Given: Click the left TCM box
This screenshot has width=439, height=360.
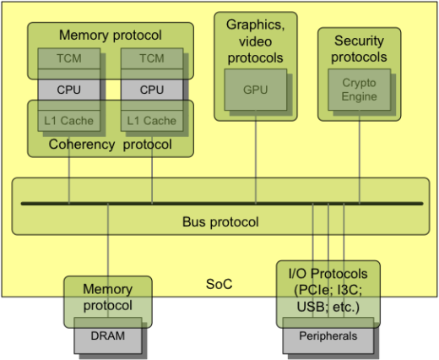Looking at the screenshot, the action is click(69, 58).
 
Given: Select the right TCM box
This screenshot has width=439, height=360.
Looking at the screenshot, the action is click(152, 58).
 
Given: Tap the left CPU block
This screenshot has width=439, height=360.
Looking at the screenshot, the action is click(69, 90).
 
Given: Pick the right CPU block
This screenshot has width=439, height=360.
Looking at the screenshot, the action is click(152, 90).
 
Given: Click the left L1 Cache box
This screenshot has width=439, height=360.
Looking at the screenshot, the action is click(69, 121).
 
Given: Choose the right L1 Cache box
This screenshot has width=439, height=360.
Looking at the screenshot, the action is click(152, 121).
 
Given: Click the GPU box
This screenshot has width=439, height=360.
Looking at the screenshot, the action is click(256, 90).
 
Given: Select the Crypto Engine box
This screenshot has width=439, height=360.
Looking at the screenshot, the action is click(360, 90).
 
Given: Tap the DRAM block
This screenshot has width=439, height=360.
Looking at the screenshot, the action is click(108, 335).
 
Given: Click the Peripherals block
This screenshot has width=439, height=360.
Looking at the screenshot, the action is click(328, 335).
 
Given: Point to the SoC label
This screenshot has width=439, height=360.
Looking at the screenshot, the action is click(219, 284).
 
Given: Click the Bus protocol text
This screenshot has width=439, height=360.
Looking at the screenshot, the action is click(220, 221).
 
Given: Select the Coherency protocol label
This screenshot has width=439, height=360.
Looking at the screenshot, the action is click(111, 145).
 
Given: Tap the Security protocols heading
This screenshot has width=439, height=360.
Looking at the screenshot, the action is click(359, 49).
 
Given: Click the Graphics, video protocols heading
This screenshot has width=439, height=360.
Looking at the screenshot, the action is click(256, 41).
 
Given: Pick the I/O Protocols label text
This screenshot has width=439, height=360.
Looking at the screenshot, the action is click(328, 291).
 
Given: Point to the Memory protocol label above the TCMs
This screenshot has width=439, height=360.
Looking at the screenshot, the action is click(111, 35).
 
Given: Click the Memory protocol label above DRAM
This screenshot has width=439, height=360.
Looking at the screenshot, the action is click(108, 297).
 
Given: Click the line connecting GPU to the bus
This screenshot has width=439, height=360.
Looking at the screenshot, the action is click(256, 156).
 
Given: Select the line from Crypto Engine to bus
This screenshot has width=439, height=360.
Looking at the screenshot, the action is click(360, 156).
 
